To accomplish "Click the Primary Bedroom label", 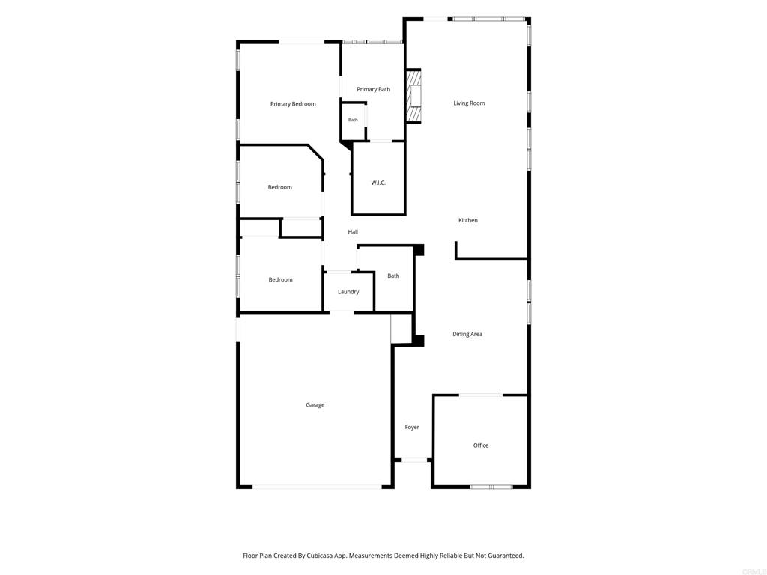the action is click(x=293, y=103).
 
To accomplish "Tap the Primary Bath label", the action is click(x=373, y=90).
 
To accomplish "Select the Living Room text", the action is click(x=469, y=103).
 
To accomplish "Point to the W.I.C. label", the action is click(x=378, y=183).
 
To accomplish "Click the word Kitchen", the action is click(x=468, y=220).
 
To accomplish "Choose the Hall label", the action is click(x=353, y=232).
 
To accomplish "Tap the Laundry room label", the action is click(x=348, y=292).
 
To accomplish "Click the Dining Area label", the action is click(x=467, y=334).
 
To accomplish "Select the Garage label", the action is click(x=315, y=405).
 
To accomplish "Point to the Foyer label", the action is click(x=412, y=428).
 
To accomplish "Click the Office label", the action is click(x=481, y=445).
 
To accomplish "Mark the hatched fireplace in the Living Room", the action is click(x=413, y=96).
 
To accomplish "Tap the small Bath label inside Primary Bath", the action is click(x=353, y=120).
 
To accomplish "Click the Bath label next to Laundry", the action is click(x=393, y=276).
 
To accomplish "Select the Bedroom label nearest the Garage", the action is click(x=280, y=280).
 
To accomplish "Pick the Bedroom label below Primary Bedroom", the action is click(x=280, y=187).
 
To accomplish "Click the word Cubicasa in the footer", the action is click(x=319, y=556).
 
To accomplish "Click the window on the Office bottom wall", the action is click(x=491, y=487).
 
